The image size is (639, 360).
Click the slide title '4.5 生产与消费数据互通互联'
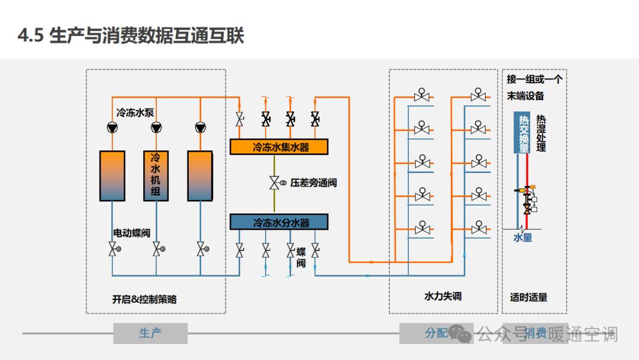(x=131, y=36)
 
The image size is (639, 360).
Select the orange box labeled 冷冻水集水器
(x=279, y=147)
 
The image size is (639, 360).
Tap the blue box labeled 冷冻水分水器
(x=279, y=222)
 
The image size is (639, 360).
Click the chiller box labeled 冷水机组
(x=156, y=175)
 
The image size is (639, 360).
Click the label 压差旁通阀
(x=314, y=183)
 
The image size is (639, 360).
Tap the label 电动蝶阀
(x=132, y=233)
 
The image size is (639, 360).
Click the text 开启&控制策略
(x=144, y=299)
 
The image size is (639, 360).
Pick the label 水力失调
(x=443, y=295)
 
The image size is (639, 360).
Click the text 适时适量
(x=529, y=297)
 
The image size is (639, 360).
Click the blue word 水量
(x=522, y=237)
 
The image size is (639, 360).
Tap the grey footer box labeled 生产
(x=150, y=333)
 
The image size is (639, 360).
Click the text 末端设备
(x=525, y=96)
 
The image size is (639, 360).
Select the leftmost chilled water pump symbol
(x=112, y=127)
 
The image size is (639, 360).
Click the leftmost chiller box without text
(x=112, y=175)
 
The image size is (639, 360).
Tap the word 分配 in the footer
(x=436, y=333)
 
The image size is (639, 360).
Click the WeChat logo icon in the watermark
(x=460, y=333)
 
